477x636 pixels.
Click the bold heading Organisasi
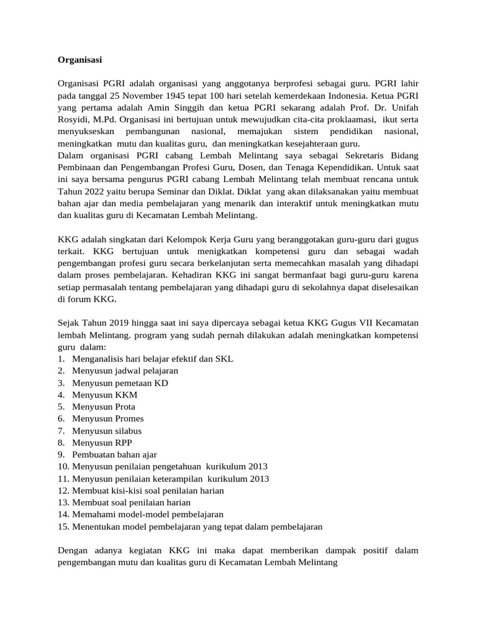coord(79,60)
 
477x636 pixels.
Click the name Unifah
coord(404,108)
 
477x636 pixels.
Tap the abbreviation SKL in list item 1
coord(224,359)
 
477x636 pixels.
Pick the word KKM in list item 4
coord(125,395)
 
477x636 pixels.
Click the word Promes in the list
coord(128,419)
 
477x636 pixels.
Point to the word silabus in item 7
coord(127,430)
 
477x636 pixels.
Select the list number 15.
coord(63,526)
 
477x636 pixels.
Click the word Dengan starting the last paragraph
coord(73,550)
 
